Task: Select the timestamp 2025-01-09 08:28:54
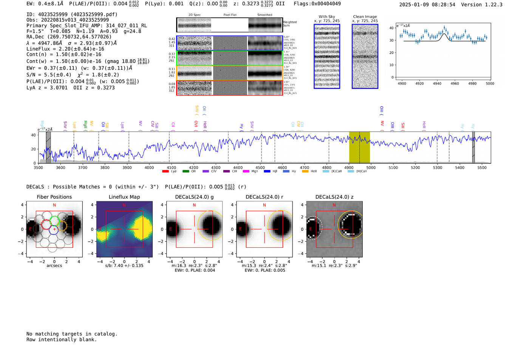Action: (427, 5)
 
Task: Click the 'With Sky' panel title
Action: (326, 17)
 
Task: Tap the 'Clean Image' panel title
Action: (365, 17)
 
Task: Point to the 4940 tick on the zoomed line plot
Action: (437, 83)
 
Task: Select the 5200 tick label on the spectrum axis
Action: (415, 168)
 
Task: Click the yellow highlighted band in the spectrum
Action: (359, 147)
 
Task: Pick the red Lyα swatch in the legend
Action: (166, 172)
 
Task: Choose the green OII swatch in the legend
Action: (186, 172)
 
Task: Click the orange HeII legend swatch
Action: (305, 172)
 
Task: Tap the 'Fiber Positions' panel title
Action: (54, 197)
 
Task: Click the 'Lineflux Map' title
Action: (124, 197)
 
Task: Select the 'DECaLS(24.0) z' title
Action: (334, 197)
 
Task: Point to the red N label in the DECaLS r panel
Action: (264, 205)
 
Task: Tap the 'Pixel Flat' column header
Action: (230, 15)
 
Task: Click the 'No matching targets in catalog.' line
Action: (72, 334)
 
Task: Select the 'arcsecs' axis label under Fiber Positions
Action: (54, 266)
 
